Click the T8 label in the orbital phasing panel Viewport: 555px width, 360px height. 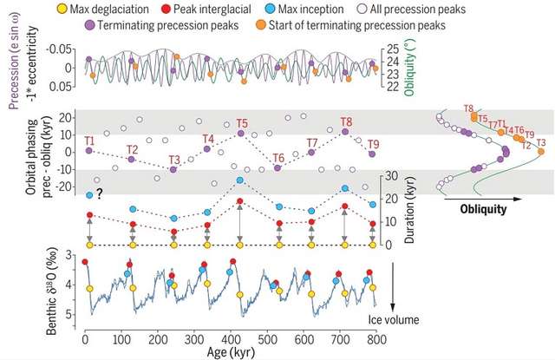pyautogui.click(x=346, y=121)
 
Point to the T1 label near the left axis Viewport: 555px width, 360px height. pyautogui.click(x=89, y=140)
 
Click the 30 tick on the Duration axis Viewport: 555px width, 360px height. pyautogui.click(x=391, y=176)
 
